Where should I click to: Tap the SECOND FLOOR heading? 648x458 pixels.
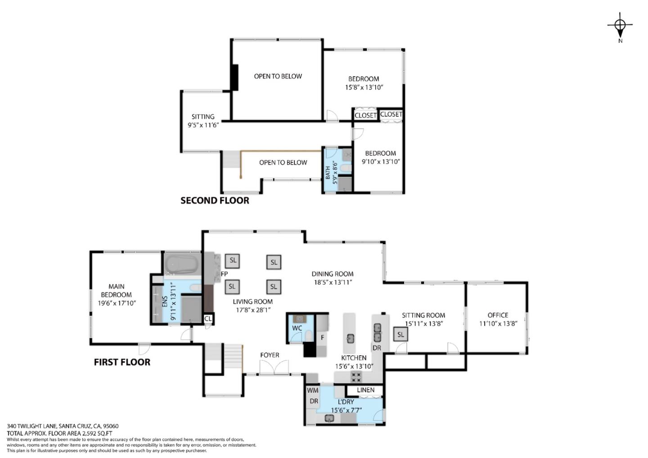click(215, 200)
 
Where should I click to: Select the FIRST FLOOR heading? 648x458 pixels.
click(122, 362)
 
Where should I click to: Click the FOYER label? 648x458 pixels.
click(270, 355)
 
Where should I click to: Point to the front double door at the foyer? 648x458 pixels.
click(274, 367)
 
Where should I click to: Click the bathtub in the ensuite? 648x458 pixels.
click(181, 264)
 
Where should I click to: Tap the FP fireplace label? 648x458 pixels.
click(224, 274)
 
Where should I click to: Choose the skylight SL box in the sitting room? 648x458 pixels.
click(400, 335)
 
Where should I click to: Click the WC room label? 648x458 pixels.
click(297, 328)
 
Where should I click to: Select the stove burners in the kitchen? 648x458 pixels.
click(356, 377)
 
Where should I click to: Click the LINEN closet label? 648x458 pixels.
click(366, 390)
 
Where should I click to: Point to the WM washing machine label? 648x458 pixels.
click(312, 391)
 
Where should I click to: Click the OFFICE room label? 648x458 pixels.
click(498, 315)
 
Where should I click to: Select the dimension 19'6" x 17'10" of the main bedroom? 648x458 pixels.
click(117, 303)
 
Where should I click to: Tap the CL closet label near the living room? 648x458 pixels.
click(208, 319)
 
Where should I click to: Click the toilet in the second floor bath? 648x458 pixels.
click(345, 168)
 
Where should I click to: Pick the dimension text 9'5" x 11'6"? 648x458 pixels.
click(203, 125)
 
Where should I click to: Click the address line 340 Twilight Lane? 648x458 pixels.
click(63, 426)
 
